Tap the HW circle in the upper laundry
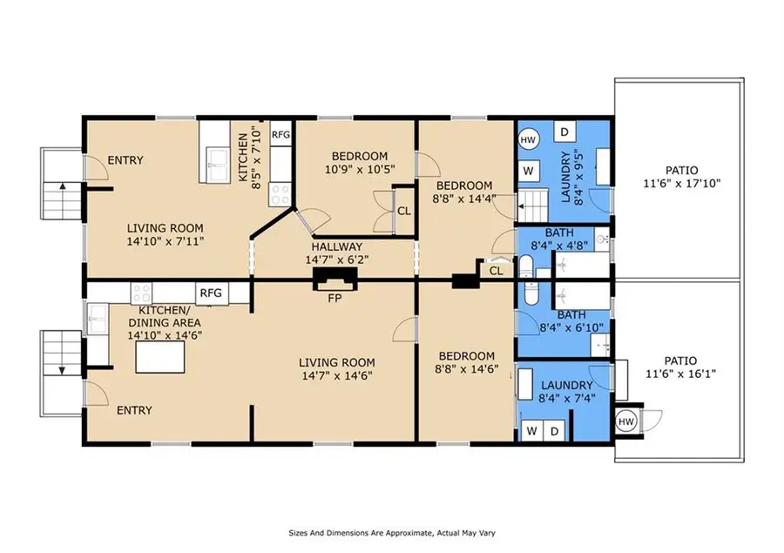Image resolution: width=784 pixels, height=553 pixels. click(x=529, y=140)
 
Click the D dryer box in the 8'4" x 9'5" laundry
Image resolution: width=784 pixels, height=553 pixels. click(x=564, y=132)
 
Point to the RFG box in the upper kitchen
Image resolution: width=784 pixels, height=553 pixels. click(x=280, y=135)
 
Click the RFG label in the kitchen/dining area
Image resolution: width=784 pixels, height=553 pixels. click(x=211, y=293)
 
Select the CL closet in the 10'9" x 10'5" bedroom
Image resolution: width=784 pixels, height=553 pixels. click(x=404, y=210)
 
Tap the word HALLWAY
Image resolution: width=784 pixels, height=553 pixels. click(x=332, y=246)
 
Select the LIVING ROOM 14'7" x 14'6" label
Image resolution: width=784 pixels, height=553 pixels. click(x=336, y=369)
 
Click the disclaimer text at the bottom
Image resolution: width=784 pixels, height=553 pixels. click(x=391, y=532)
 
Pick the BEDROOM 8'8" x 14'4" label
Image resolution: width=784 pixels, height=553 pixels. click(x=464, y=192)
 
